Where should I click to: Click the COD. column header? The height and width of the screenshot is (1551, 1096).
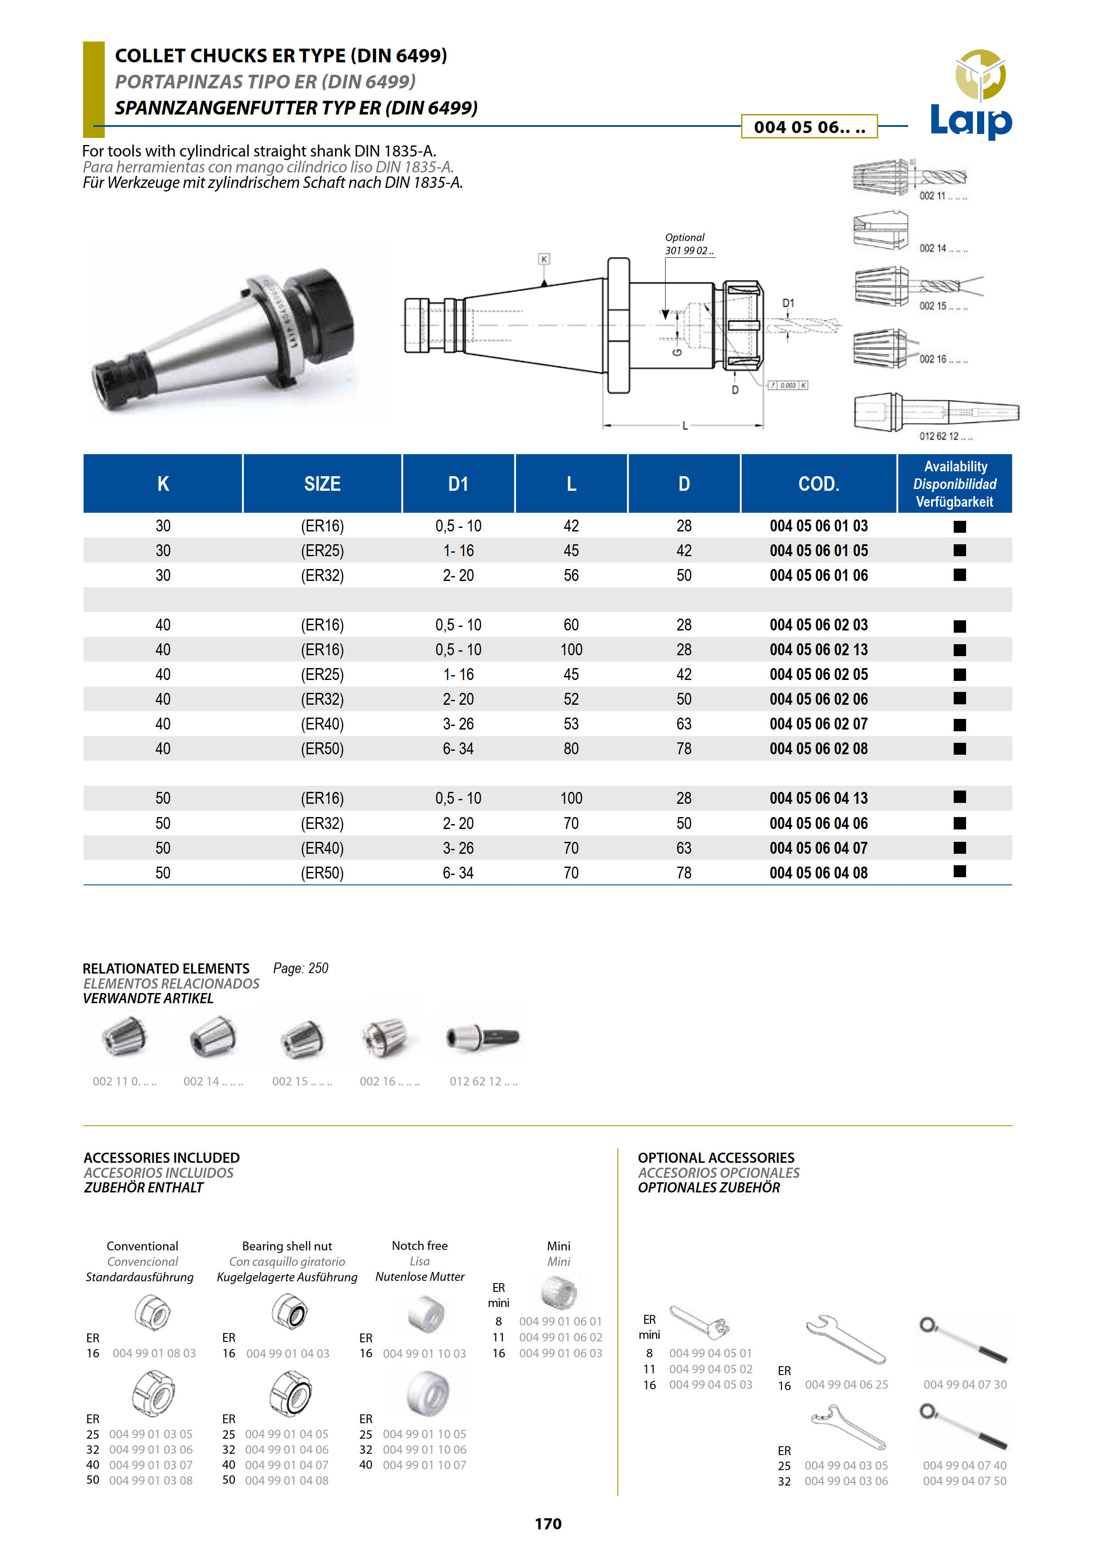coord(818,484)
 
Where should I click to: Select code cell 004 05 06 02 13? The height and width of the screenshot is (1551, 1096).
coord(818,650)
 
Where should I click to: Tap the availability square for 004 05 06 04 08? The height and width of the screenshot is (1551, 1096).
coord(959,872)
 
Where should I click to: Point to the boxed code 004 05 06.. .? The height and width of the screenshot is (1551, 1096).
coord(809,127)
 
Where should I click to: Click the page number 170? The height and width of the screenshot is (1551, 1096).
coord(548,1523)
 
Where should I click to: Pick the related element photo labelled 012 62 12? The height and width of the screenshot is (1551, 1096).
coord(483,1038)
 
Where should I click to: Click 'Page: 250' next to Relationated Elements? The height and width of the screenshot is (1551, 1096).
coord(301,968)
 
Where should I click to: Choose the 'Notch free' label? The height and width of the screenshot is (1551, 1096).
coord(419,1245)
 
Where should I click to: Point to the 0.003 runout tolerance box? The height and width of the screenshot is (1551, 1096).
coord(788,386)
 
